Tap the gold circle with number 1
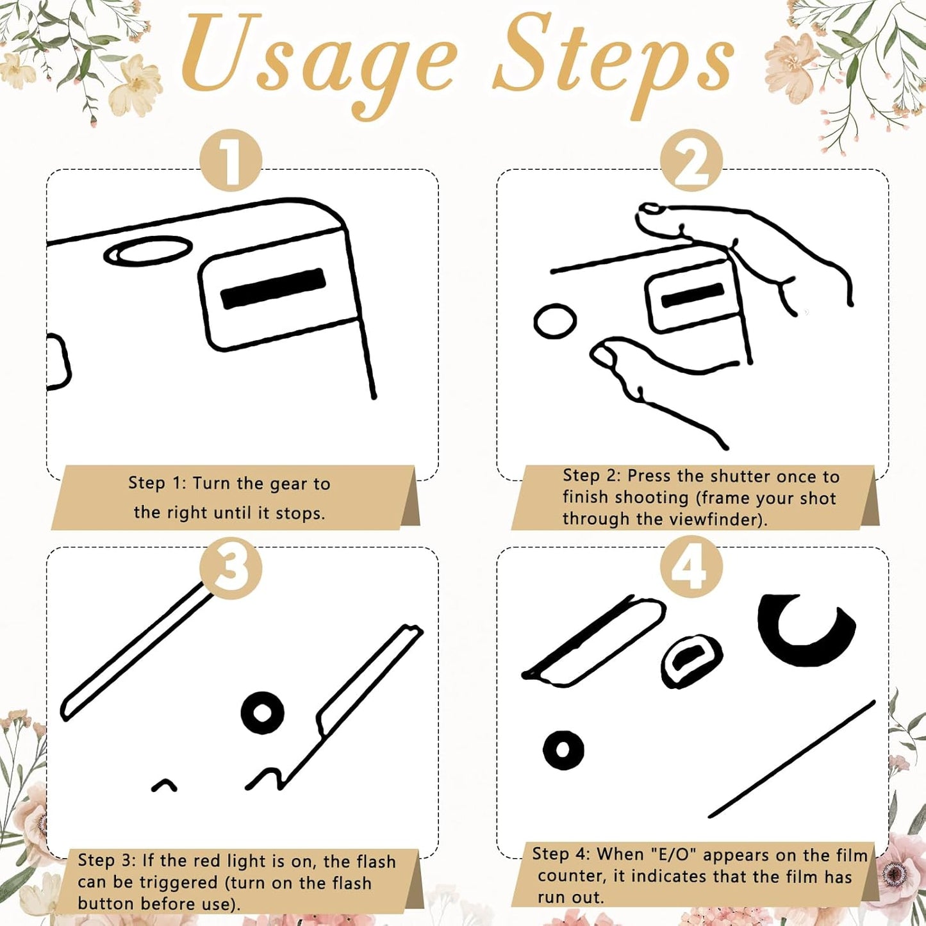point(231,160)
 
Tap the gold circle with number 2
point(691,160)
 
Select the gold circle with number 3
point(231,568)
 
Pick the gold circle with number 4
point(691,568)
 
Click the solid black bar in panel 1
point(273,288)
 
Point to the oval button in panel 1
point(148,251)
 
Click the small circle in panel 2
point(555,321)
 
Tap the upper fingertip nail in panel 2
point(651,208)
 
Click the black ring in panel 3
point(263,713)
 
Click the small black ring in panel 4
point(563,750)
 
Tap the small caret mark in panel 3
point(165,784)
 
